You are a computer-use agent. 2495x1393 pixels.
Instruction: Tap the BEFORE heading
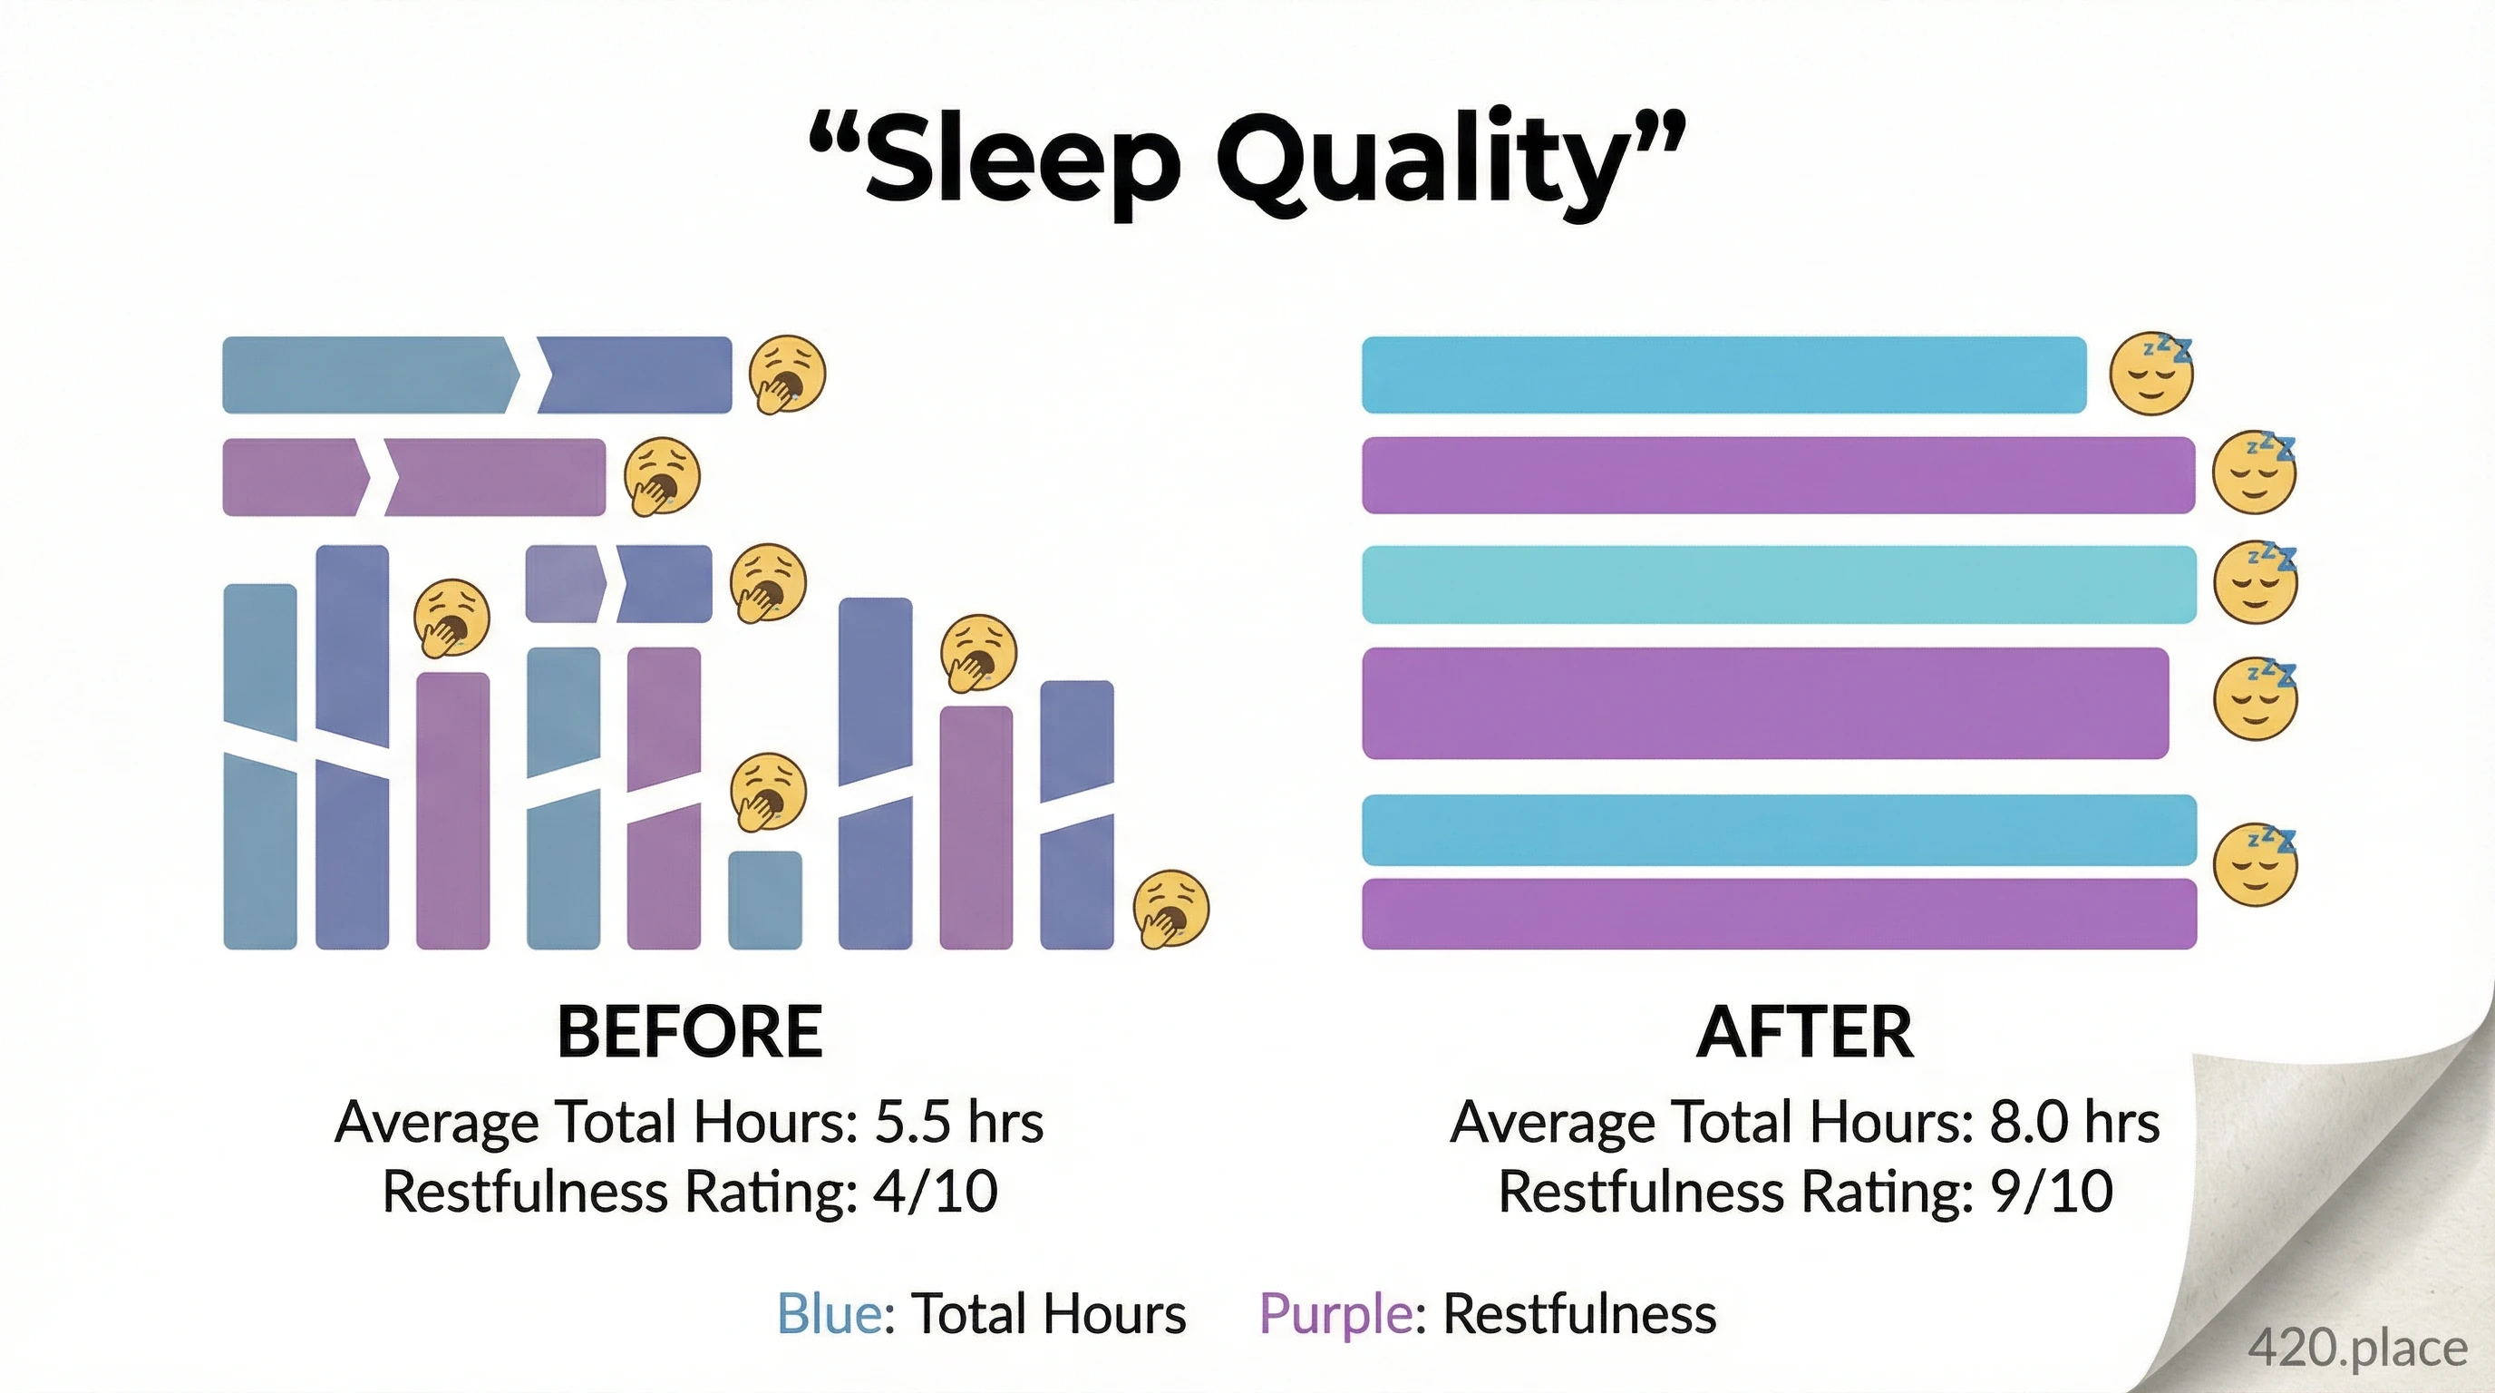coord(690,1032)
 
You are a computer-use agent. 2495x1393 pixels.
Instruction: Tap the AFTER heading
coord(1805,1032)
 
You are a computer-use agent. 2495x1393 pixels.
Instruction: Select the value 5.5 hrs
coord(959,1123)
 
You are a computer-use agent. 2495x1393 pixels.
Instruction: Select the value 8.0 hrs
coord(2074,1123)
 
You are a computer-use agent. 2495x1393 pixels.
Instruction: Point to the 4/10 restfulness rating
coord(935,1192)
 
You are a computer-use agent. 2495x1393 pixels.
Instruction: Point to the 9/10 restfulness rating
coord(2052,1192)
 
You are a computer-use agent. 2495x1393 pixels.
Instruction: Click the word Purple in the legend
coord(1335,1314)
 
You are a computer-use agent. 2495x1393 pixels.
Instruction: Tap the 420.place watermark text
coord(2356,1348)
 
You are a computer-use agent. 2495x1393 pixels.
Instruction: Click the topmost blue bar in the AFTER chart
coord(1723,375)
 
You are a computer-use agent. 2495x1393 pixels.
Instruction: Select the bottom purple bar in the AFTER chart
coord(1778,913)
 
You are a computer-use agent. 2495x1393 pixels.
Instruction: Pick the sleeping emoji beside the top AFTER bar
coord(2151,374)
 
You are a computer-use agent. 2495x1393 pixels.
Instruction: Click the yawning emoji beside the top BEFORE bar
coord(788,374)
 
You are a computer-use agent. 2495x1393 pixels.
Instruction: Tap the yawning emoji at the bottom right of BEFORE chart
coord(1171,909)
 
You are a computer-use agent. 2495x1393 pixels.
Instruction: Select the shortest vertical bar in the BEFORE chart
coord(764,899)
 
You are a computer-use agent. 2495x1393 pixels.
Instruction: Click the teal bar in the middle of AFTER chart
coord(1778,584)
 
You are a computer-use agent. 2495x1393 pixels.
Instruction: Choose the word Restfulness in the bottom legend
coord(1578,1314)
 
